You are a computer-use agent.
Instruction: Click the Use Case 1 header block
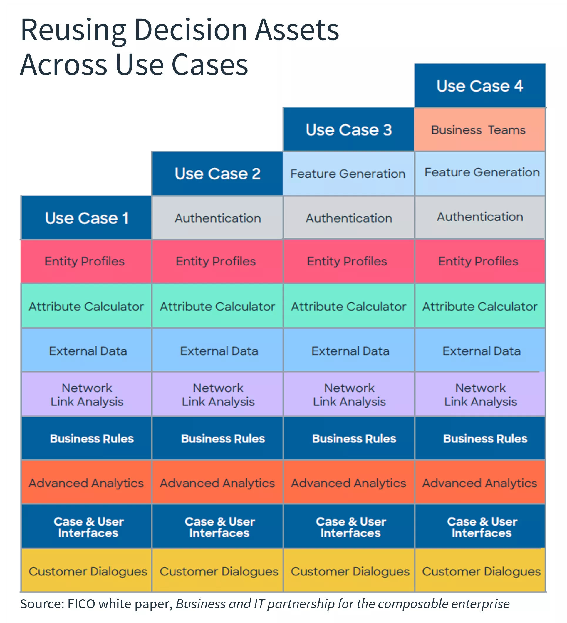pyautogui.click(x=86, y=218)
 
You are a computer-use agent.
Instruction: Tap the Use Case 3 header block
pyautogui.click(x=348, y=130)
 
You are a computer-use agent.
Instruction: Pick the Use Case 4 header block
pyautogui.click(x=479, y=86)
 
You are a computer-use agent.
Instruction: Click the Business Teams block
pyautogui.click(x=479, y=130)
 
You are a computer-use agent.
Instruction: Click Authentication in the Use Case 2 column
pyautogui.click(x=217, y=218)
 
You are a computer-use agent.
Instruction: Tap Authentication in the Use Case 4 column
pyautogui.click(x=479, y=217)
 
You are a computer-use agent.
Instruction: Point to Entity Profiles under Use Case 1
pyautogui.click(x=85, y=261)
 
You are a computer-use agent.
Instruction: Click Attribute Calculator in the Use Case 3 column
pyautogui.click(x=348, y=306)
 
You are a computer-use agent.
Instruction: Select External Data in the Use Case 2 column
pyautogui.click(x=219, y=351)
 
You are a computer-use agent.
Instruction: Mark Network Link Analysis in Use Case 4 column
pyautogui.click(x=480, y=395)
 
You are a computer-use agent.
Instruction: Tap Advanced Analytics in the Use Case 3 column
pyautogui.click(x=348, y=483)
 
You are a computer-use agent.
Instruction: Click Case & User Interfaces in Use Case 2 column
pyautogui.click(x=219, y=527)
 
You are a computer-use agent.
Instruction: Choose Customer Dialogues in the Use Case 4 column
pyautogui.click(x=481, y=571)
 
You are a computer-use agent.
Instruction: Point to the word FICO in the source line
pyautogui.click(x=81, y=604)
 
